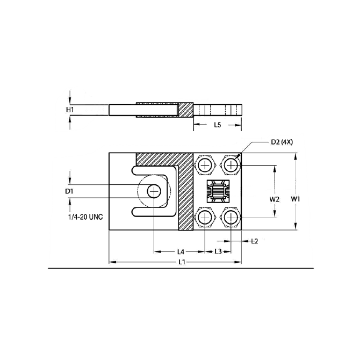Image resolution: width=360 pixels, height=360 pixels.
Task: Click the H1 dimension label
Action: [70, 110]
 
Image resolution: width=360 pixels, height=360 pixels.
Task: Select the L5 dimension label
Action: [217, 125]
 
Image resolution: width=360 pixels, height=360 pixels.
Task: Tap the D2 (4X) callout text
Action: [282, 142]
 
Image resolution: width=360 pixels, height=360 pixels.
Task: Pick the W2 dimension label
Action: [275, 199]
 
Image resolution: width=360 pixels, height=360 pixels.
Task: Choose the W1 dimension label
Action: [296, 199]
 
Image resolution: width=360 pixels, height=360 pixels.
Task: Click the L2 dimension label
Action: [255, 241]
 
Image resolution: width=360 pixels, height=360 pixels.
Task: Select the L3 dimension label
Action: [219, 251]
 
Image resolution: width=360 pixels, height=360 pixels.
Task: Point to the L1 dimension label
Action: [182, 262]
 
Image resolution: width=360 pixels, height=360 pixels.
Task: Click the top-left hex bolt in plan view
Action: [205, 165]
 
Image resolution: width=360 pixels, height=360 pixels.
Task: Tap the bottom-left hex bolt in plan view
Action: [205, 217]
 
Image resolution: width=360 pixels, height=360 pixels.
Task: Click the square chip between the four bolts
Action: [218, 191]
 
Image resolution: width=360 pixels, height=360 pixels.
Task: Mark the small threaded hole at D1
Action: [154, 191]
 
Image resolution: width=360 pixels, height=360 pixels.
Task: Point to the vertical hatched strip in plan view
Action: [185, 199]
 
